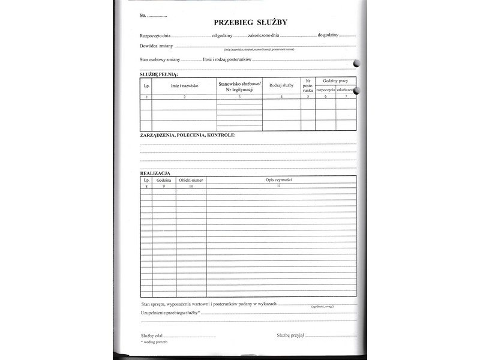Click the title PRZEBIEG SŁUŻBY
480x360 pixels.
click(x=251, y=23)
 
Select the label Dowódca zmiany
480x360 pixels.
click(x=157, y=46)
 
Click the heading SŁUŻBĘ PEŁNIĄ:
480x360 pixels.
click(x=159, y=74)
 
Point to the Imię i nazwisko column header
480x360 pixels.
click(x=184, y=86)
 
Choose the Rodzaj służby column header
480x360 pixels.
click(x=281, y=86)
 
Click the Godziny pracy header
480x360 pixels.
click(x=335, y=80)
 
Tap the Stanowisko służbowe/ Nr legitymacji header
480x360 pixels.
click(x=239, y=86)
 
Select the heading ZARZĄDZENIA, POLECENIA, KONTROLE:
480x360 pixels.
click(x=188, y=135)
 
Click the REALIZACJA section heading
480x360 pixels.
click(x=155, y=173)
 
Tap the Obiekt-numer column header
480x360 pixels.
click(x=191, y=179)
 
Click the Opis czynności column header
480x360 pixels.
click(x=278, y=179)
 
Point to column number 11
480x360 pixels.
click(x=278, y=186)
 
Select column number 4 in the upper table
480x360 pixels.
click(x=281, y=96)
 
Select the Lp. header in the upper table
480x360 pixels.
click(x=146, y=86)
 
